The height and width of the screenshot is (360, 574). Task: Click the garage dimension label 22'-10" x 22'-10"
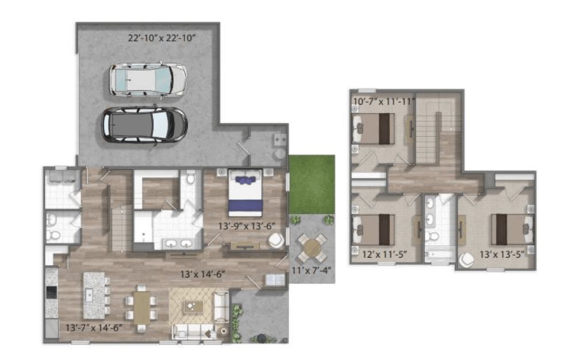tap(162, 38)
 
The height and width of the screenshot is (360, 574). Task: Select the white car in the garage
tap(148, 81)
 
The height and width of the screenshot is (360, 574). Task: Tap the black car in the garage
tap(144, 125)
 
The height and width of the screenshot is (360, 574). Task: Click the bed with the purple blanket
tap(245, 193)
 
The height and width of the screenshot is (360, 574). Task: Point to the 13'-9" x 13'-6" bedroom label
tap(246, 226)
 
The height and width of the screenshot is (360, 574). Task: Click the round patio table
tap(312, 248)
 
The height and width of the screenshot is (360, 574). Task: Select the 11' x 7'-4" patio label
tap(311, 270)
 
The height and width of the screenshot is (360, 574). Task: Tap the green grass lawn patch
tap(312, 185)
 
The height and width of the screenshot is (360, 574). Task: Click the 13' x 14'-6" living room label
tap(202, 274)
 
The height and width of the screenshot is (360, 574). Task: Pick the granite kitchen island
tap(94, 295)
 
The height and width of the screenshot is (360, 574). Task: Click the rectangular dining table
tap(141, 308)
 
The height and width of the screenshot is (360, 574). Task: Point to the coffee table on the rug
tap(194, 307)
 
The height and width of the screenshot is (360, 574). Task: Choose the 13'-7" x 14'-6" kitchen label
tap(94, 327)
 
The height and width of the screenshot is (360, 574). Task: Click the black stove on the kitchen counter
tap(52, 292)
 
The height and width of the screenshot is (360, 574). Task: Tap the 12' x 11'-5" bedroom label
tap(384, 254)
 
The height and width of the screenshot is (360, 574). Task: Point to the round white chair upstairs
tap(467, 260)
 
